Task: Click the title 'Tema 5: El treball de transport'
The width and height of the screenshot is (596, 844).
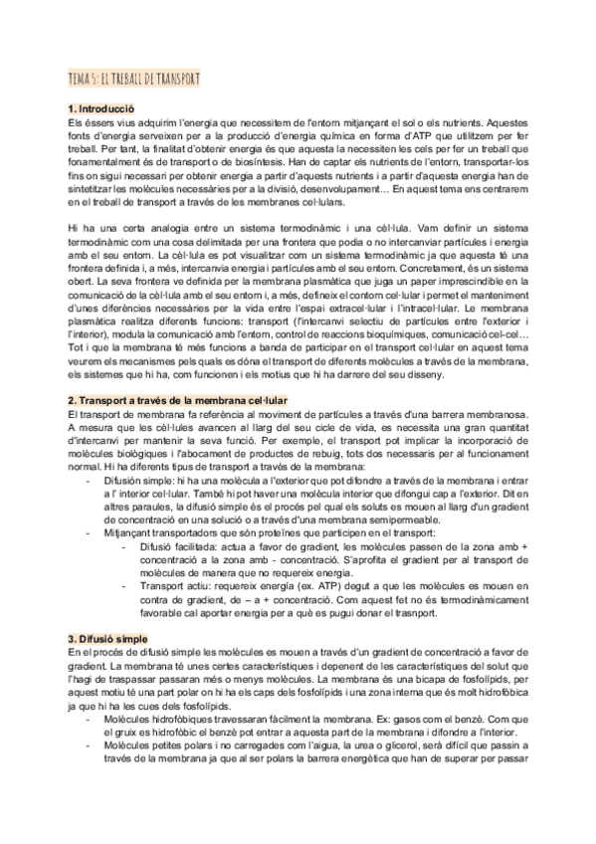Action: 134,80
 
